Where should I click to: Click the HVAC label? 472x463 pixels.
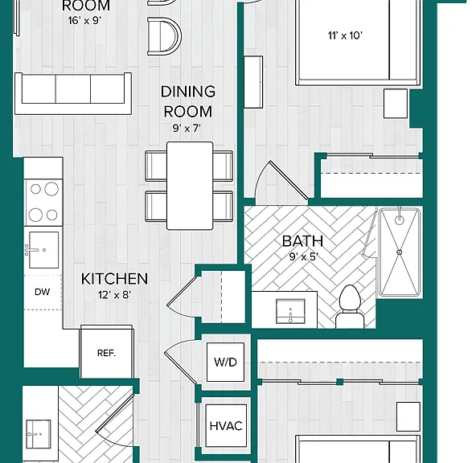point(226,426)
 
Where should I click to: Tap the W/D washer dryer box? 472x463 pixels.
point(225,363)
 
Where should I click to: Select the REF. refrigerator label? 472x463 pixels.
point(107,353)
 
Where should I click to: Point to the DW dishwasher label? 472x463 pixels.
point(43,292)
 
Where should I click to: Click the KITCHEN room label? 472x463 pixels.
point(115,279)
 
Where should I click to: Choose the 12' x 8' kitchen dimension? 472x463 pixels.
point(114,295)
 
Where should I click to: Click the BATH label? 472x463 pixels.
point(303,241)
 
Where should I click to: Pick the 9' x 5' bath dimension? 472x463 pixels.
point(304,256)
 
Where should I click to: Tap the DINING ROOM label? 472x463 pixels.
point(188,101)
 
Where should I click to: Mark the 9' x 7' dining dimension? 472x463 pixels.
point(187,129)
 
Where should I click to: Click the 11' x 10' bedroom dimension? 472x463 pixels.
point(345,35)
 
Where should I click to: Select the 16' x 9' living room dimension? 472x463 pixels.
point(84,20)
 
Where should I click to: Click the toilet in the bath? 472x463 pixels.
point(350,307)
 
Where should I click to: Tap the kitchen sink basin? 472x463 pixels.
point(43,250)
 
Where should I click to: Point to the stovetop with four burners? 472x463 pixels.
point(43,203)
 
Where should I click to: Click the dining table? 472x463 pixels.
point(190,186)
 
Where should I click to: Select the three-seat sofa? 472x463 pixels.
point(73,93)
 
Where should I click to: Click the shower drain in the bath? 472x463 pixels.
point(400,252)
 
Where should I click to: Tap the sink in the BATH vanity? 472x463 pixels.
point(290,311)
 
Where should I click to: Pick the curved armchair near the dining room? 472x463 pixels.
point(165,36)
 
